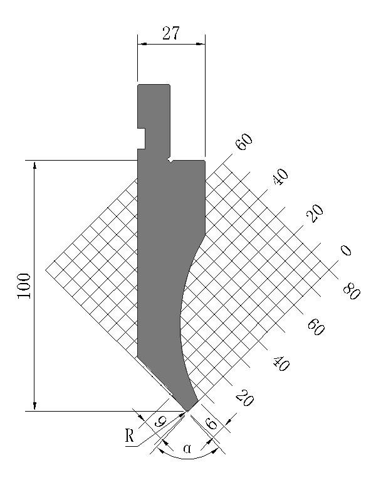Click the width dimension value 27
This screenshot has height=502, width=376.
click(x=171, y=33)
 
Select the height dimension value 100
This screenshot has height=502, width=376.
click(x=24, y=286)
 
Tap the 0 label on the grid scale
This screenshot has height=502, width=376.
click(x=346, y=250)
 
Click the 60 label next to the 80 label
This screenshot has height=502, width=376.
click(x=316, y=328)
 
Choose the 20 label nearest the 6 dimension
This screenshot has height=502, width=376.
click(x=245, y=398)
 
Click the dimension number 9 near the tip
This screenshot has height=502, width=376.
click(x=160, y=422)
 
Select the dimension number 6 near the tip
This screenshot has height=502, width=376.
click(x=211, y=424)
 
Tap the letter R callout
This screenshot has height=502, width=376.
click(x=130, y=435)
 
